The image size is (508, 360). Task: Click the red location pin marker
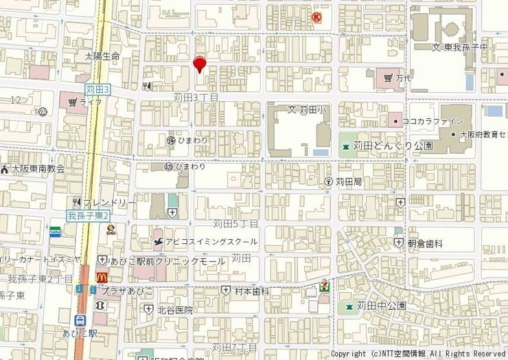pyautogui.click(x=200, y=64)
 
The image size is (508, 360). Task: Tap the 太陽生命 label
pyautogui.click(x=102, y=56)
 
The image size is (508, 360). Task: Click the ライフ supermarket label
pyautogui.click(x=90, y=102)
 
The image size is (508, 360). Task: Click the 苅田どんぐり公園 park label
pyautogui.click(x=393, y=146)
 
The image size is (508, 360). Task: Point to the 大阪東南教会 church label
pyautogui.click(x=38, y=168)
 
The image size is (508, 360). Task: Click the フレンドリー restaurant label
pyautogui.click(x=109, y=203)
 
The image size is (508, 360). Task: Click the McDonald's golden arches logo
pyautogui.click(x=102, y=276)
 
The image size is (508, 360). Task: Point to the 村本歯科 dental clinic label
pyautogui.click(x=252, y=291)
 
